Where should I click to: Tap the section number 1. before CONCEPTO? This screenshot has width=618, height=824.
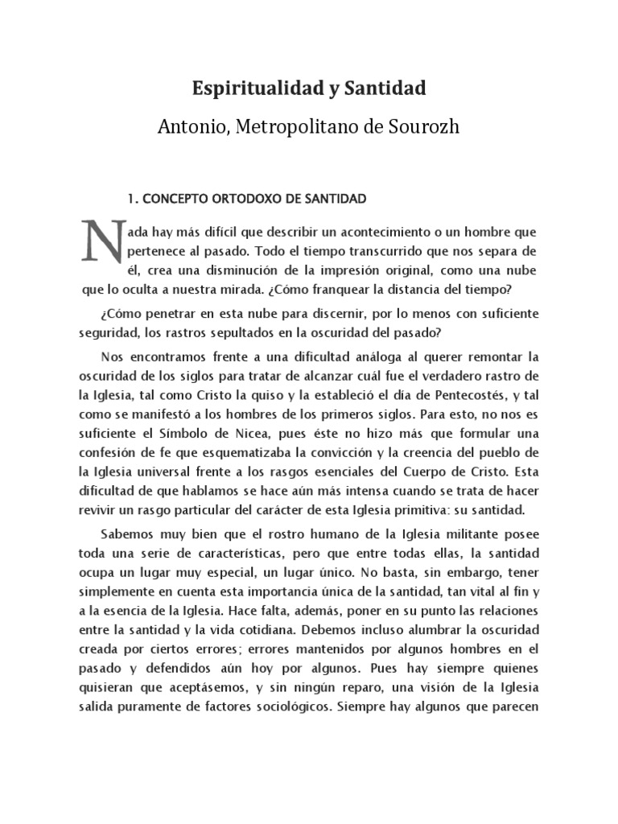(x=134, y=197)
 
